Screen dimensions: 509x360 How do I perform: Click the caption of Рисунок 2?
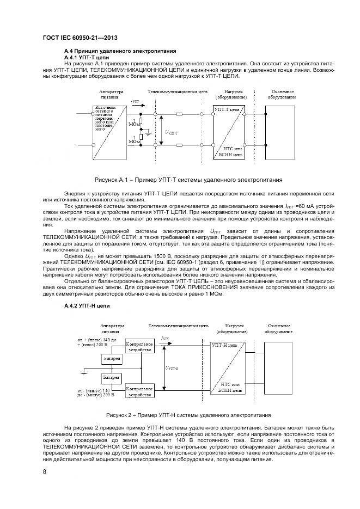[x=188, y=415]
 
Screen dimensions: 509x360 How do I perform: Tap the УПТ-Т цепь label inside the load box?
[x=227, y=109]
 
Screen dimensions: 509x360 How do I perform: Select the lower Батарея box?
[x=112, y=377]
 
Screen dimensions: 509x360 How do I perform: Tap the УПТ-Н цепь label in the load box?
[x=224, y=346]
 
